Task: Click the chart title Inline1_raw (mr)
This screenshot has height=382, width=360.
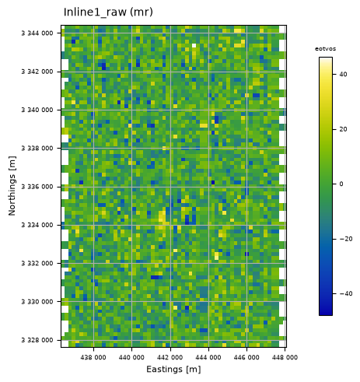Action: (x=108, y=12)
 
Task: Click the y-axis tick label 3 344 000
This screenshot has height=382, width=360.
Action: (x=37, y=33)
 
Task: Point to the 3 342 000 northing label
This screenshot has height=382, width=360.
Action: (x=37, y=72)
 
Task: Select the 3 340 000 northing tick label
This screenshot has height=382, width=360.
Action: (x=37, y=110)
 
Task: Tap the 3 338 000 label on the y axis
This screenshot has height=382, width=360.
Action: (x=37, y=148)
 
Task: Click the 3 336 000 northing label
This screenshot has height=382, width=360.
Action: (x=37, y=187)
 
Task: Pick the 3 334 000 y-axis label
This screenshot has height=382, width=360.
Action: (x=37, y=225)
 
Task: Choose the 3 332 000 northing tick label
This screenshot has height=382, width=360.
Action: (x=37, y=263)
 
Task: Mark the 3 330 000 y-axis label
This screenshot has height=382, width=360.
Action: (x=37, y=302)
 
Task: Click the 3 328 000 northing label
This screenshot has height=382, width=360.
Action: (x=37, y=340)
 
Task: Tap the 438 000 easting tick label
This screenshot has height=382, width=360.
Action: (x=93, y=357)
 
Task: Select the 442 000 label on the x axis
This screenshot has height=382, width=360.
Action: (x=170, y=357)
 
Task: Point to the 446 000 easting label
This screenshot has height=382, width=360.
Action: (x=246, y=357)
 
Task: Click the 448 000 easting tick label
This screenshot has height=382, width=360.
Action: (x=285, y=357)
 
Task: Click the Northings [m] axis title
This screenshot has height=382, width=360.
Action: (x=12, y=186)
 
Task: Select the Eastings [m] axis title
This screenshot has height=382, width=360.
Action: (x=173, y=370)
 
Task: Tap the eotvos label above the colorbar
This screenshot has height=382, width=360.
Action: (x=325, y=49)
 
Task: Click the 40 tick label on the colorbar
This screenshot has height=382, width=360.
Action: (x=343, y=74)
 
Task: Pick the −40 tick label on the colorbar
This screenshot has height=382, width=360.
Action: (x=346, y=293)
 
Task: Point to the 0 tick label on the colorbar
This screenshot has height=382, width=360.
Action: (x=341, y=184)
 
